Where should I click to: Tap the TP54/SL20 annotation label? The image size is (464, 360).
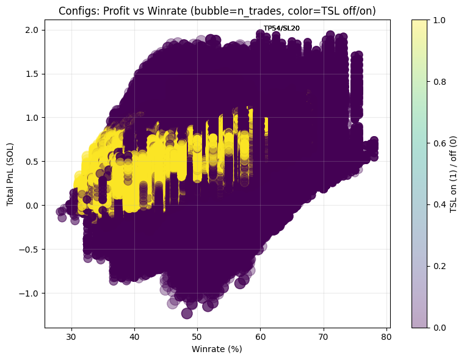[281, 28]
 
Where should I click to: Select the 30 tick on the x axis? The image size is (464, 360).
[71, 337]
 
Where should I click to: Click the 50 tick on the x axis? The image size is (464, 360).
[197, 337]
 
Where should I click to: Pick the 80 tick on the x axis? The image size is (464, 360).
[386, 337]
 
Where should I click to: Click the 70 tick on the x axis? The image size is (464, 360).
[323, 337]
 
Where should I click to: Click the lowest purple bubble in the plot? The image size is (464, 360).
[187, 313]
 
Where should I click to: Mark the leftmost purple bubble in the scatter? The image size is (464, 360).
[60, 212]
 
